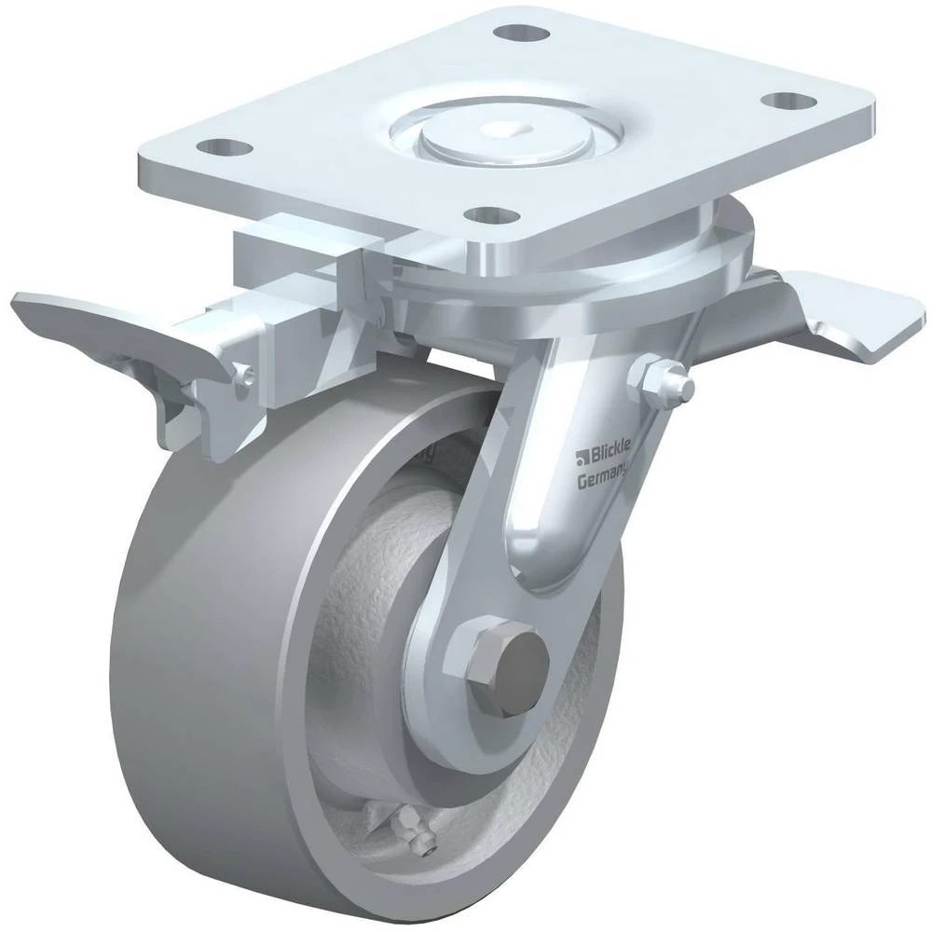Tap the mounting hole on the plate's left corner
tap(224, 146)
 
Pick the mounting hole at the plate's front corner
tap(490, 213)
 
